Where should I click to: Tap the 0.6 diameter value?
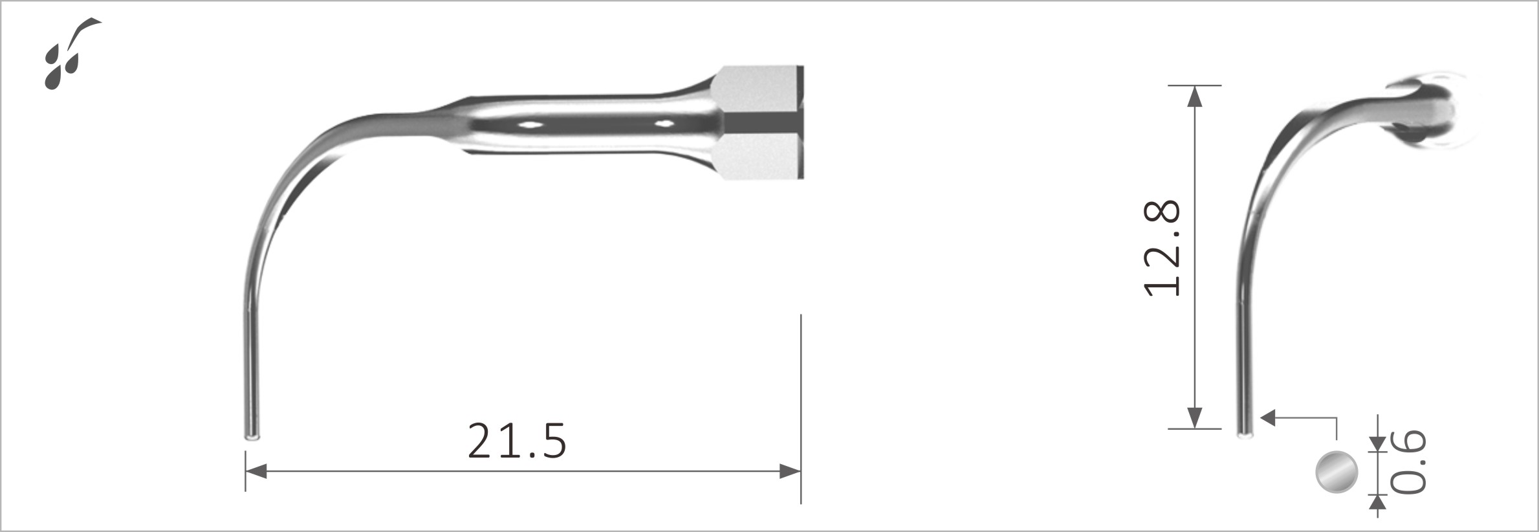pos(1408,461)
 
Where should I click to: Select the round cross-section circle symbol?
pos(1337,472)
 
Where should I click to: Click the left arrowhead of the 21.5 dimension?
pos(256,471)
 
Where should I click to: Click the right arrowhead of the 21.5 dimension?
pos(791,471)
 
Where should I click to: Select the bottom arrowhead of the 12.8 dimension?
pos(1195,418)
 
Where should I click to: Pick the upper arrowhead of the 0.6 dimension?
pos(1378,443)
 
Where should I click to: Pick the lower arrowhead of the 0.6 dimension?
pos(1378,503)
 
